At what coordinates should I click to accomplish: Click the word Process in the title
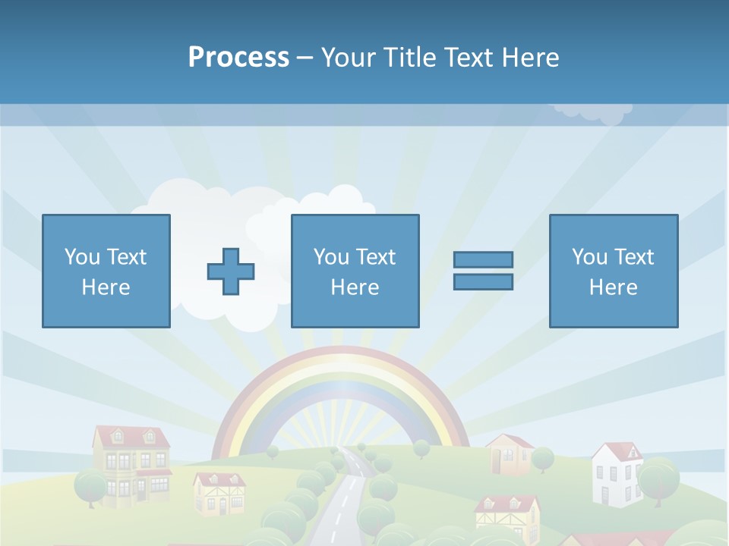click(238, 58)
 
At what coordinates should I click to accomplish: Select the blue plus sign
click(231, 271)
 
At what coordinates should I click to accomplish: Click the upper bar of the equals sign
click(483, 259)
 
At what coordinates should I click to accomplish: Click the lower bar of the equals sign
click(483, 281)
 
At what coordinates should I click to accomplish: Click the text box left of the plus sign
click(106, 271)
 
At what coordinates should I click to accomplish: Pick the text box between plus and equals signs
click(355, 271)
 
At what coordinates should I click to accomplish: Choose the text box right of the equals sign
click(614, 271)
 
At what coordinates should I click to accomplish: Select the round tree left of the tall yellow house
click(90, 486)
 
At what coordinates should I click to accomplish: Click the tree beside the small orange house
click(542, 458)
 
